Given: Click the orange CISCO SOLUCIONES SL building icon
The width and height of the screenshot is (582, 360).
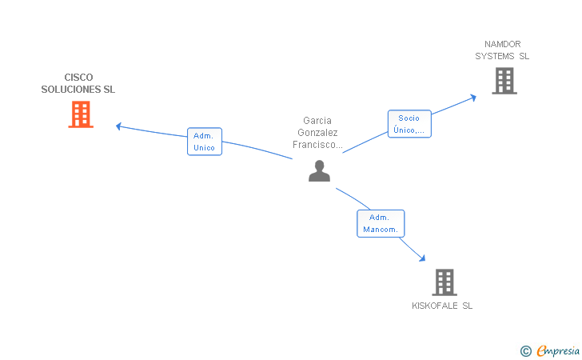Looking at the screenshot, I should click(80, 114).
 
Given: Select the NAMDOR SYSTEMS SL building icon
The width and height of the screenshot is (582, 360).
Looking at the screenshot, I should click(504, 81).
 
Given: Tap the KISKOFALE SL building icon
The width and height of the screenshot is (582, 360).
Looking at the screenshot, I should click(444, 282).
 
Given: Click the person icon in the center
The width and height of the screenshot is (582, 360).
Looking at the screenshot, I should click(319, 170).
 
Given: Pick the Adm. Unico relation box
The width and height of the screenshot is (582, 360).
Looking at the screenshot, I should click(204, 142).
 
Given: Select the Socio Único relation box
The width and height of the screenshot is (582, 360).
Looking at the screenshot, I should click(409, 124).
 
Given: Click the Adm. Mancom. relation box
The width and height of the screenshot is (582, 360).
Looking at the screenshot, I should click(381, 223).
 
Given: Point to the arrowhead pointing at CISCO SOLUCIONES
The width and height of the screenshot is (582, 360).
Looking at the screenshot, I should click(119, 126).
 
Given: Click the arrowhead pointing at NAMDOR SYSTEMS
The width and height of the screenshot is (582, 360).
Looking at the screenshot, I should click(472, 98).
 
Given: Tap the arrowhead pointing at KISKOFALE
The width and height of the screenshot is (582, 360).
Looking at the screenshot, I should click(421, 258).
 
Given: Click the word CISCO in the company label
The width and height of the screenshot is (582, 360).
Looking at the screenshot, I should click(78, 78).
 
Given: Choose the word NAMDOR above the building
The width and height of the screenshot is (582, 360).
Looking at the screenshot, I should click(502, 44).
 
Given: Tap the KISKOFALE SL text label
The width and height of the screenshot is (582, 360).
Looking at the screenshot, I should click(442, 306).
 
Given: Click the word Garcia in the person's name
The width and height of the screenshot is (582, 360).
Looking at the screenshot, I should click(317, 121).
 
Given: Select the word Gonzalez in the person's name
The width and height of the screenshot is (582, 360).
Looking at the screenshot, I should click(317, 133).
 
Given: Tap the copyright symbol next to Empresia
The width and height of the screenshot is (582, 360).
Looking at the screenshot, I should click(525, 350).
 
